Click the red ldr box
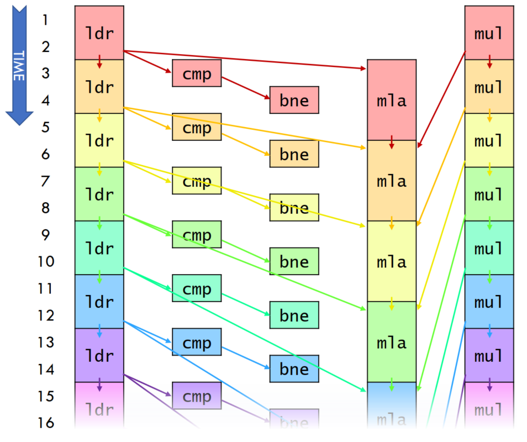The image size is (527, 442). tap(99, 33)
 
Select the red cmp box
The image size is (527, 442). tap(197, 73)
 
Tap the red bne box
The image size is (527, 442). tap(294, 100)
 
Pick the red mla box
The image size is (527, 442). tap(392, 100)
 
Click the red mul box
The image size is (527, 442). tap(489, 33)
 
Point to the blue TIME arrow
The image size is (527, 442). tap(19, 64)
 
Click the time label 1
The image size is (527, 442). tap(45, 20)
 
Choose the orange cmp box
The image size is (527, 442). tap(197, 127)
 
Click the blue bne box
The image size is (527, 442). tap(294, 369)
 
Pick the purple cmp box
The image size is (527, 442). tap(197, 396)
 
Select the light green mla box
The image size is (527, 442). tap(392, 342)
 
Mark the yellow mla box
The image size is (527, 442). tap(392, 261)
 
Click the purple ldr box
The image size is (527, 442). tap(99, 355)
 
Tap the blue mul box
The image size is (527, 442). tap(489, 302)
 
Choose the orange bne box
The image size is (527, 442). tap(294, 154)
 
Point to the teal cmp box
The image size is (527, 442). tap(197, 288)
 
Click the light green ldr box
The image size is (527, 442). tap(99, 194)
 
